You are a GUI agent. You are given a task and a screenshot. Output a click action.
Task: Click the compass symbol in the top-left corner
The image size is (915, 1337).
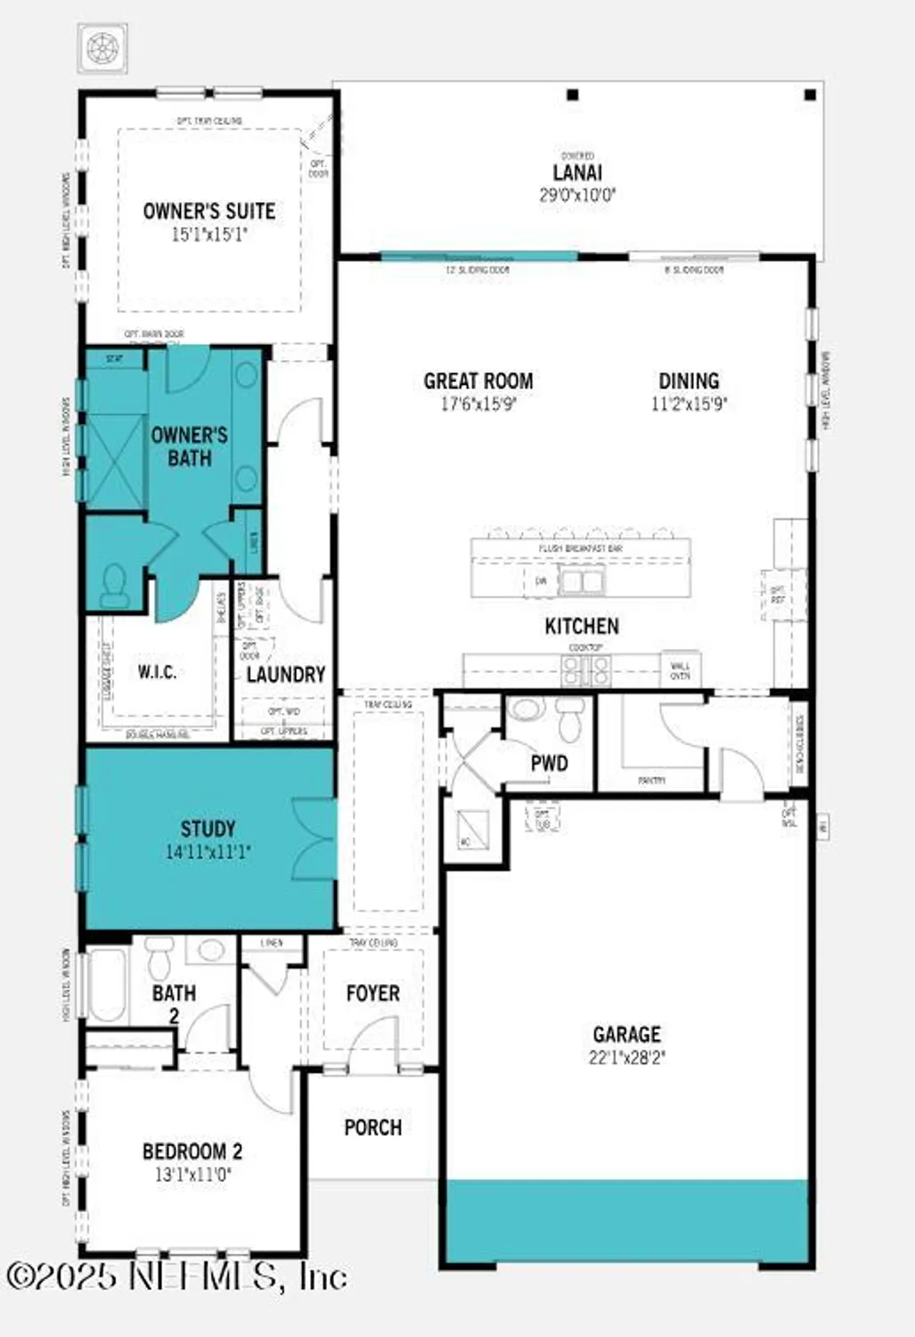pos(102,48)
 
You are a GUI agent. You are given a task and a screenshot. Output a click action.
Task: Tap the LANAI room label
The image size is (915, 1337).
pos(577,173)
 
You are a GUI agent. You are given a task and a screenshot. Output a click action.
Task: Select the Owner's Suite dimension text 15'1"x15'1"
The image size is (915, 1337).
pos(209,234)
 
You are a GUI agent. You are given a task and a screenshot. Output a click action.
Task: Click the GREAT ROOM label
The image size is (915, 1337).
pos(478,381)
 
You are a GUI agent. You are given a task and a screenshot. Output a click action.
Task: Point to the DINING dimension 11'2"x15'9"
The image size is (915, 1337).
pos(689,404)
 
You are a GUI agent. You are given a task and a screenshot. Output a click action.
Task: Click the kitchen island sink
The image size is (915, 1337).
pos(581,582)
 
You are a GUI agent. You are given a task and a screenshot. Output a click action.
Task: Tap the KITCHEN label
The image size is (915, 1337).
pos(582,626)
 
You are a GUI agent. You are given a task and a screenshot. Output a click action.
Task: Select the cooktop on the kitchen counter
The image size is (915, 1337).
pos(586,669)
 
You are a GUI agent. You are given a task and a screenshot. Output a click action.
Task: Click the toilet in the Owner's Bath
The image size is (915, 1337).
pos(114,585)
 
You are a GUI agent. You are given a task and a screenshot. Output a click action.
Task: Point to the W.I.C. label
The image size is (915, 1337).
pos(157,672)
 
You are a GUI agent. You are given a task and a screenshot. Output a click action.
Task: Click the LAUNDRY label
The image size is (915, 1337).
pos(285,675)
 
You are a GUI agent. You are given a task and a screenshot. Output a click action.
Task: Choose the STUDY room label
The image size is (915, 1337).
pos(208,828)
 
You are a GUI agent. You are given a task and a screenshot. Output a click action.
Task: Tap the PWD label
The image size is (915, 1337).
pos(549,763)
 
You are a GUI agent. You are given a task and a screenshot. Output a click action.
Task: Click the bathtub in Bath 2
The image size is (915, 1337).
pos(107,984)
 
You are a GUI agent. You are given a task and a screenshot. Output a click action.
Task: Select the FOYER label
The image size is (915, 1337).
pos(372,993)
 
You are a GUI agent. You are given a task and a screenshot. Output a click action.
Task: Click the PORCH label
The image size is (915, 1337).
pos(372,1128)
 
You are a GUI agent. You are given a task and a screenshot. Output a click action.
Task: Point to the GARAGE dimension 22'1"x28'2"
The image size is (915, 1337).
pos(626,1058)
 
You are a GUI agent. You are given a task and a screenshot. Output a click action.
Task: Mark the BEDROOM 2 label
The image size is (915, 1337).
pos(192,1152)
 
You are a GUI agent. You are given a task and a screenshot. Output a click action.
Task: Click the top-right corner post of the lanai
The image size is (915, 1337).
pos(810,94)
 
